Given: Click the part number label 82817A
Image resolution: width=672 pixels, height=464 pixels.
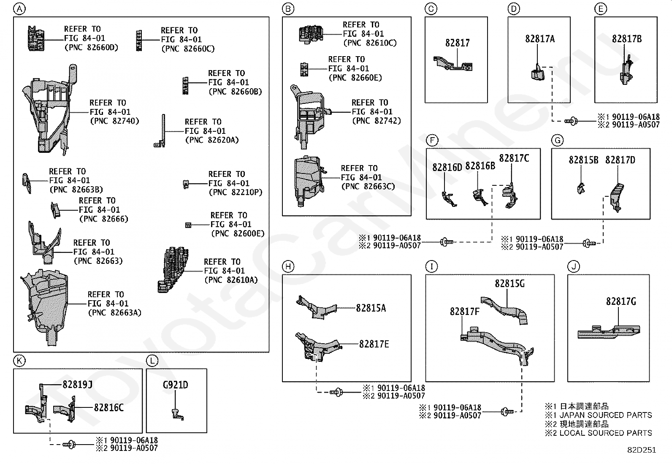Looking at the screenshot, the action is [540, 39].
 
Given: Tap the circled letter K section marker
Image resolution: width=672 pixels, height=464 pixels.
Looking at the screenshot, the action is [19, 361].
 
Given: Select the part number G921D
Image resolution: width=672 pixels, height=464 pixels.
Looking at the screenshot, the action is [176, 385].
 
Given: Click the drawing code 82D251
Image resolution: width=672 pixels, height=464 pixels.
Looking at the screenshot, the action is [642, 450].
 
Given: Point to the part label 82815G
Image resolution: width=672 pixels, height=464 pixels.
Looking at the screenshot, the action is [510, 284].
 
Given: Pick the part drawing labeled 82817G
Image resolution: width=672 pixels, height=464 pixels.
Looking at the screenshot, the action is [609, 332].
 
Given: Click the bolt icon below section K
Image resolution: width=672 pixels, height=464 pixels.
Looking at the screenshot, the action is [69, 444].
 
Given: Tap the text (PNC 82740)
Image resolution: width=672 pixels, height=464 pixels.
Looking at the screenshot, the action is [114, 121].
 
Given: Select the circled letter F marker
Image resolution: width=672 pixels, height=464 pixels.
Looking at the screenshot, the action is [432, 140].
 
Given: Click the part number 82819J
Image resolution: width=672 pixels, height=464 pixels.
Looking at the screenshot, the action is [77, 385].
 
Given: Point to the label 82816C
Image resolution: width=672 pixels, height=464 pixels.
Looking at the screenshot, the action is [108, 407].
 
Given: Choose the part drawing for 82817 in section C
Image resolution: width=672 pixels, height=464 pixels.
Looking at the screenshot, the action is [453, 63].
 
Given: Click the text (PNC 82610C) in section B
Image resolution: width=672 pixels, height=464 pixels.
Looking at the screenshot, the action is [370, 43].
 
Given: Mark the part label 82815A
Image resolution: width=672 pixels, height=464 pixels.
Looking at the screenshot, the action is [371, 308].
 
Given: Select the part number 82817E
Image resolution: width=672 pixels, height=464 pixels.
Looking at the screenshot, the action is [374, 344].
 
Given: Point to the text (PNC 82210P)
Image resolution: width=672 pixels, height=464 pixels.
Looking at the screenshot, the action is [236, 193].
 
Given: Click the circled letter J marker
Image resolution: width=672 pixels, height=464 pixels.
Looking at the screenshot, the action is [574, 266].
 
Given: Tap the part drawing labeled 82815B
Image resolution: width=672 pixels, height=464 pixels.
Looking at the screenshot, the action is [581, 188].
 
